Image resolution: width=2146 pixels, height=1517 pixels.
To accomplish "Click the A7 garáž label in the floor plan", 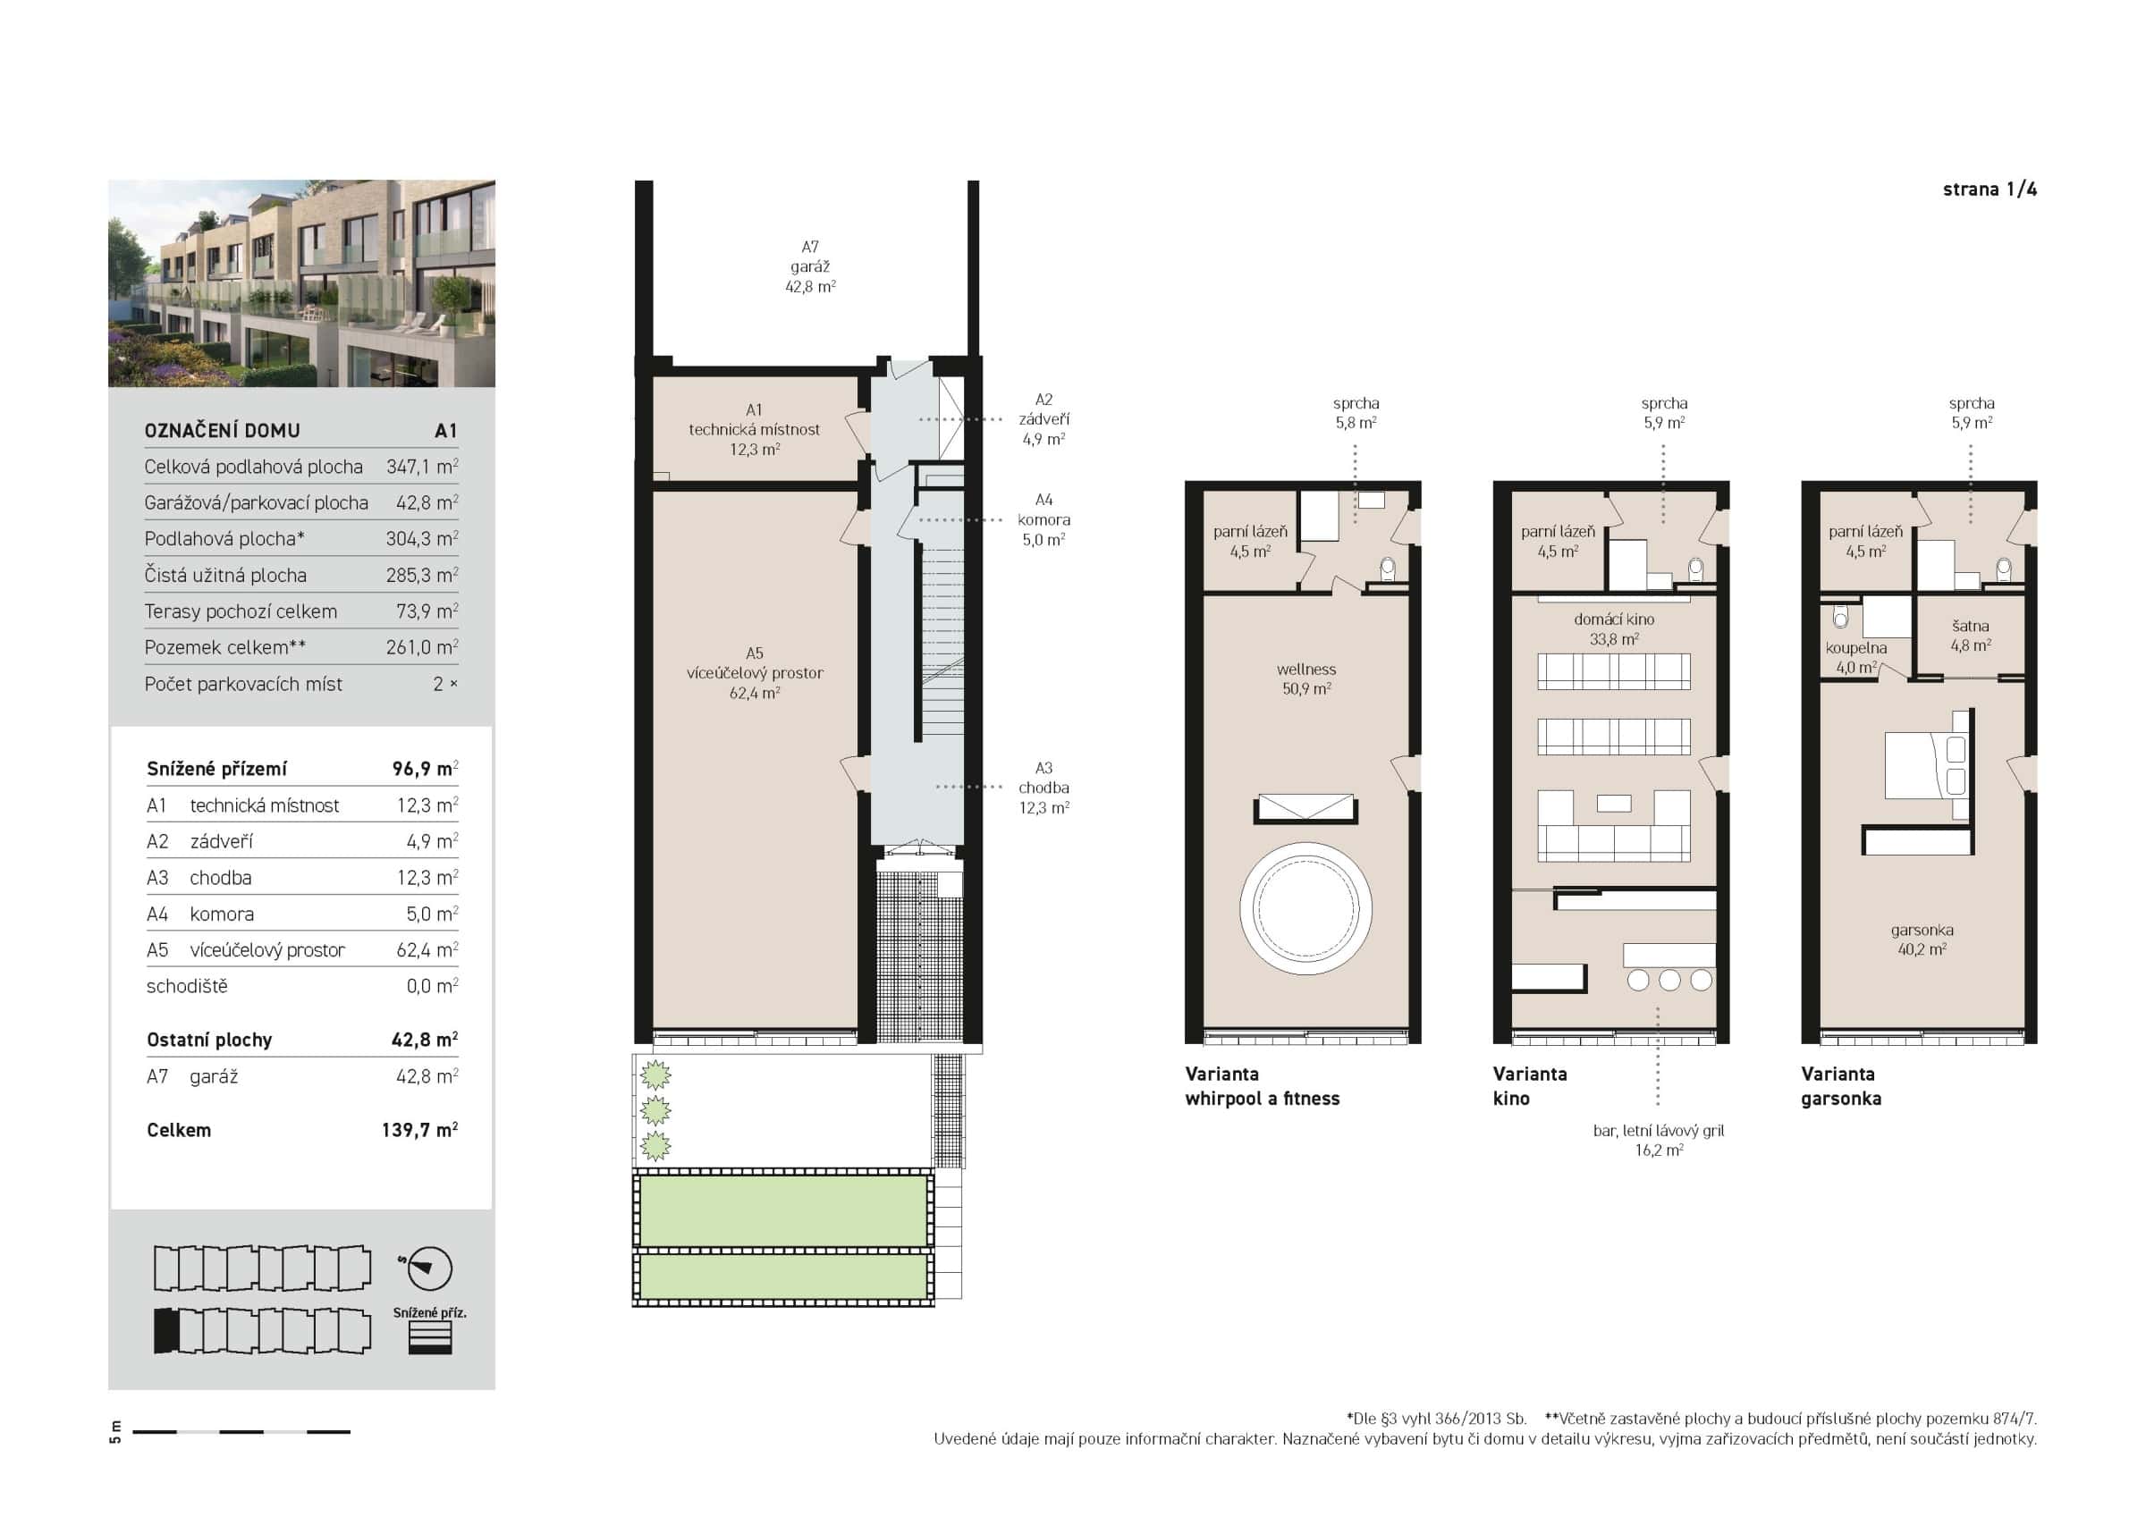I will point(809,266).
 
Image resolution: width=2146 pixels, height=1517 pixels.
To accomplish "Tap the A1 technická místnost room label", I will point(755,429).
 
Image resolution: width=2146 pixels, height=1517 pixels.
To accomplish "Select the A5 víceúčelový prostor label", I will point(755,673).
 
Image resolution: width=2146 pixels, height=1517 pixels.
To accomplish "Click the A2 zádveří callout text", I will point(1044,418).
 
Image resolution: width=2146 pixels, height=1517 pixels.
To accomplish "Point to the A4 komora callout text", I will point(1044,519).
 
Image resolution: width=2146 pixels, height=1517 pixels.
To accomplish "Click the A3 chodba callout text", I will point(1044,788).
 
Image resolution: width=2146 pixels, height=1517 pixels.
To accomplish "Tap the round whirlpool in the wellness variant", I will point(1305,908).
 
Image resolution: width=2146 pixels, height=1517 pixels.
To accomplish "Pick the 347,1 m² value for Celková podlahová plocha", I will point(421,467).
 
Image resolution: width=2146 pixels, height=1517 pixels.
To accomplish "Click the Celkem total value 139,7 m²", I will point(418,1130).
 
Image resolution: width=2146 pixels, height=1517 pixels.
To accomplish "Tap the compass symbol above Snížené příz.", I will point(429,1268).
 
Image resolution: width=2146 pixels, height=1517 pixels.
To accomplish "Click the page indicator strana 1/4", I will point(1989,190).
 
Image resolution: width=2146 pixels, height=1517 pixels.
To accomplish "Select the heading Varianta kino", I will point(1529,1086).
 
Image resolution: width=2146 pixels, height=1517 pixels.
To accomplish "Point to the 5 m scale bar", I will point(241,1431).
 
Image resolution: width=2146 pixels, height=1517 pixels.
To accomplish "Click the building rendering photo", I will point(301,283).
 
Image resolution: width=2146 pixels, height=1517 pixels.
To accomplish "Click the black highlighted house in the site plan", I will point(165,1330).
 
